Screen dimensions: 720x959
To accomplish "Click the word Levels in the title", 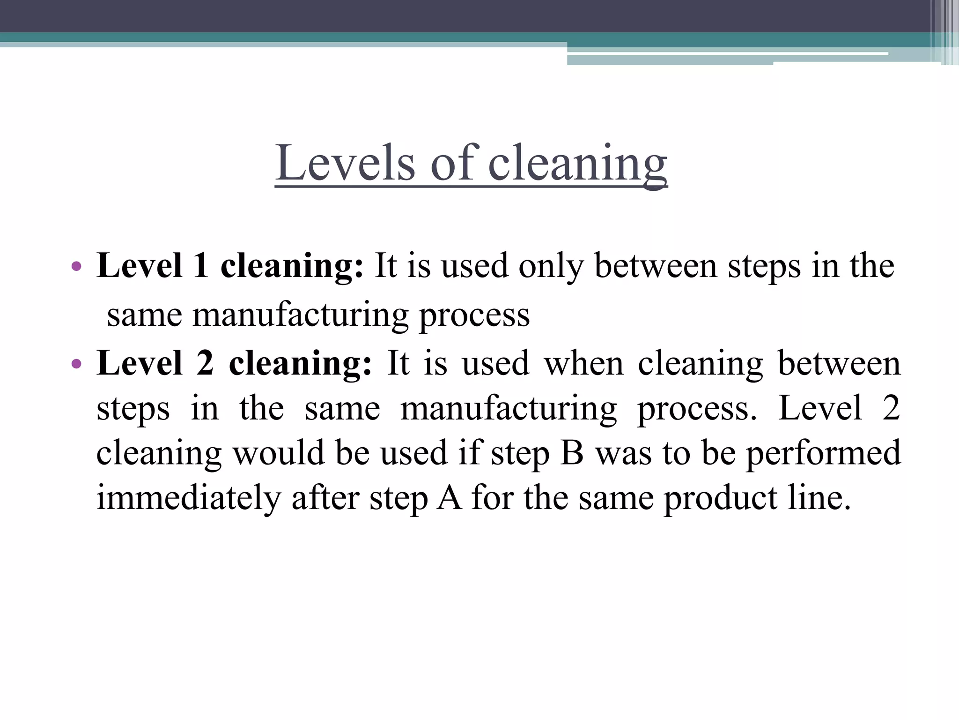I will point(345,163).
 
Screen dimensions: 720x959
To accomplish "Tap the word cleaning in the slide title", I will point(577,164).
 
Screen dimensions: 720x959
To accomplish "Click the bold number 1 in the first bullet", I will point(201,265).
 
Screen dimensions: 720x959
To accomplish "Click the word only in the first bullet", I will point(551,266).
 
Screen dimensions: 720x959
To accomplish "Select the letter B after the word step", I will point(572,453).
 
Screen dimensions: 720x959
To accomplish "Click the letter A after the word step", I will point(450,498).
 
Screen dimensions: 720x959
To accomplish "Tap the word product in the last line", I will point(720,499).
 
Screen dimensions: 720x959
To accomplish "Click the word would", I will point(279,453).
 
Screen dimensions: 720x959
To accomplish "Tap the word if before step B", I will point(469,453).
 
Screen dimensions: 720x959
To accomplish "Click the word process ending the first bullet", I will point(474,315).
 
